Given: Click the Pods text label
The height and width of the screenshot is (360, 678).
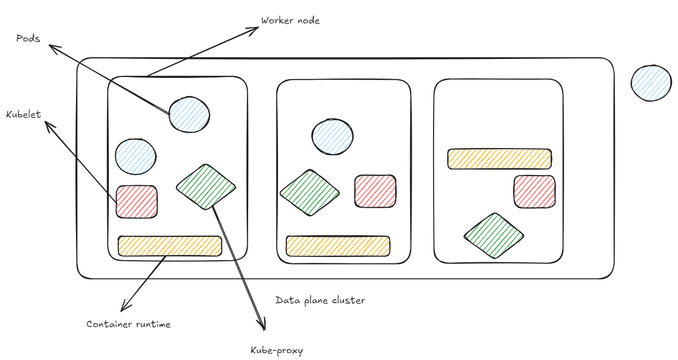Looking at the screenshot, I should (x=28, y=38).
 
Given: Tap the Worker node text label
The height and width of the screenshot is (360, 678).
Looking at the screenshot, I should (x=290, y=21).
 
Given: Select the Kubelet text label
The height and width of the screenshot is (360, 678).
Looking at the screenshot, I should (x=23, y=114).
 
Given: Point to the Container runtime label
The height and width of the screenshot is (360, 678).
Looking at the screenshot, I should (x=129, y=324).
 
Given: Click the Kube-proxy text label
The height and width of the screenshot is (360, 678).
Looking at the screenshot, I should (x=276, y=350).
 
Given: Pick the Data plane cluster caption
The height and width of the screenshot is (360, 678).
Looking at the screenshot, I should (x=320, y=300).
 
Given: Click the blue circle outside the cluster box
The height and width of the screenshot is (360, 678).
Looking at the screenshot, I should (x=651, y=83).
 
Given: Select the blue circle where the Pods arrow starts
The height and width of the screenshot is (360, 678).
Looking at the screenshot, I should (x=189, y=114).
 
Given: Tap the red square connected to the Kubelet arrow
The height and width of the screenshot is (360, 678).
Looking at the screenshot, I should (x=137, y=202).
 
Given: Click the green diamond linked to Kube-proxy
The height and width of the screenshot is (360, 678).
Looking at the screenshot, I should (x=206, y=186).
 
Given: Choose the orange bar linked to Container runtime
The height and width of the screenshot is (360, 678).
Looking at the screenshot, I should (x=170, y=246).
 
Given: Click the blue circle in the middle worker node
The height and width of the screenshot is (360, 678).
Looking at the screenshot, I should (x=332, y=136).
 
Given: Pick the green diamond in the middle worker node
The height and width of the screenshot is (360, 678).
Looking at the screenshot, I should (x=309, y=193).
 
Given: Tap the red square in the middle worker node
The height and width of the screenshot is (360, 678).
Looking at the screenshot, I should (x=375, y=191).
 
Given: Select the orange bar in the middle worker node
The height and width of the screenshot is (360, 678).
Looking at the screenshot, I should (x=338, y=246).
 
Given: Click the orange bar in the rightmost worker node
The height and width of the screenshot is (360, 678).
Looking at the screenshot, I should (x=499, y=159).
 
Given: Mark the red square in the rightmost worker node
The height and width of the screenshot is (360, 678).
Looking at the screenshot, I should (x=534, y=192).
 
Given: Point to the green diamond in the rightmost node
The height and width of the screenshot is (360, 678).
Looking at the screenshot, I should (x=494, y=236).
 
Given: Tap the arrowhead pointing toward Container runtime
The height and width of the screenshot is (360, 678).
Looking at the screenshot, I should (x=124, y=308).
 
